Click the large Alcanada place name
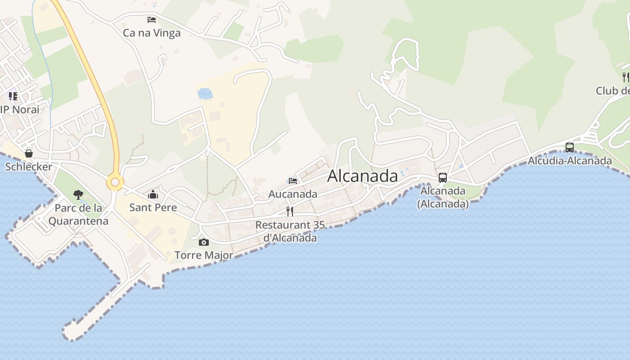362,176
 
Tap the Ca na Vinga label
152,33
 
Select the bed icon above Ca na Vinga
152,20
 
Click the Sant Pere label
153,207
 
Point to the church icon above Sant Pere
153,195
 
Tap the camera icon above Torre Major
203,243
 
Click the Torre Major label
204,255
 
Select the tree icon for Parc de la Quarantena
78,195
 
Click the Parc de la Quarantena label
78,215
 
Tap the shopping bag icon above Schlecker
29,153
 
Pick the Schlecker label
29,166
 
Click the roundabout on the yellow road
115,182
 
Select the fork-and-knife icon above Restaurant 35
290,211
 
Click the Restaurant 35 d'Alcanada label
290,231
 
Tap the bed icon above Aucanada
293,181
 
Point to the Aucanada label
293,194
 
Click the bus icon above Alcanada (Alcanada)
443,178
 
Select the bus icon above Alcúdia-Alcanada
570,147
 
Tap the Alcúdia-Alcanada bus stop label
570,161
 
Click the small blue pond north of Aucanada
205,94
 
